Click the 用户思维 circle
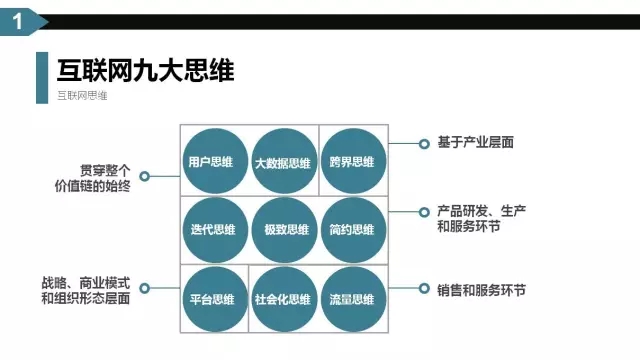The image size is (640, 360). (212, 161)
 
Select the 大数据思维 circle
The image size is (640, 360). (282, 161)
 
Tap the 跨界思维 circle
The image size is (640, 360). (352, 161)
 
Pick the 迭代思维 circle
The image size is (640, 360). (212, 229)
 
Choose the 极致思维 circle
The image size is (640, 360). (282, 229)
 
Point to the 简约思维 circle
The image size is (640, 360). (352, 229)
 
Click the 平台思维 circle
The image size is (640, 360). (212, 298)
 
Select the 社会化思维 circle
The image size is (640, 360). (282, 298)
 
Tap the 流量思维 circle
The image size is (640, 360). (352, 298)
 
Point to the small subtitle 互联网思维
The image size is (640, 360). (83, 96)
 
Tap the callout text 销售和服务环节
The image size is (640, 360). (481, 290)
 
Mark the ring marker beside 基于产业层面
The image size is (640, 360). (421, 143)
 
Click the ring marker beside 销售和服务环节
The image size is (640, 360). (421, 290)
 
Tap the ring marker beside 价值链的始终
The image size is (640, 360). (145, 177)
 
